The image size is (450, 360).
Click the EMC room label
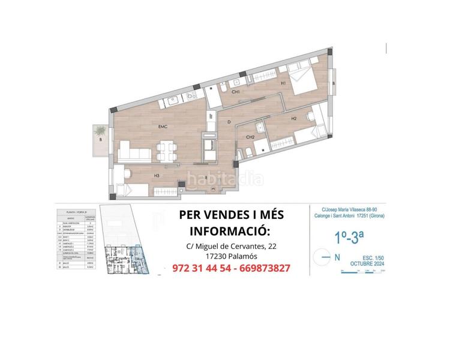(162, 127)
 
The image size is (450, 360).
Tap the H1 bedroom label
(283, 84)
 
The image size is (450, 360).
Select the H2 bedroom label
(293, 118)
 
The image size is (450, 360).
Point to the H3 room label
(156, 175)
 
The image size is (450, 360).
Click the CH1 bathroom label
(236, 92)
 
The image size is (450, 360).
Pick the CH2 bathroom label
(250, 137)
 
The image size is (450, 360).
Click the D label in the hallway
(229, 122)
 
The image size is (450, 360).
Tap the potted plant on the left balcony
(99, 130)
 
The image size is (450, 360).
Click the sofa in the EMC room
(134, 151)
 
